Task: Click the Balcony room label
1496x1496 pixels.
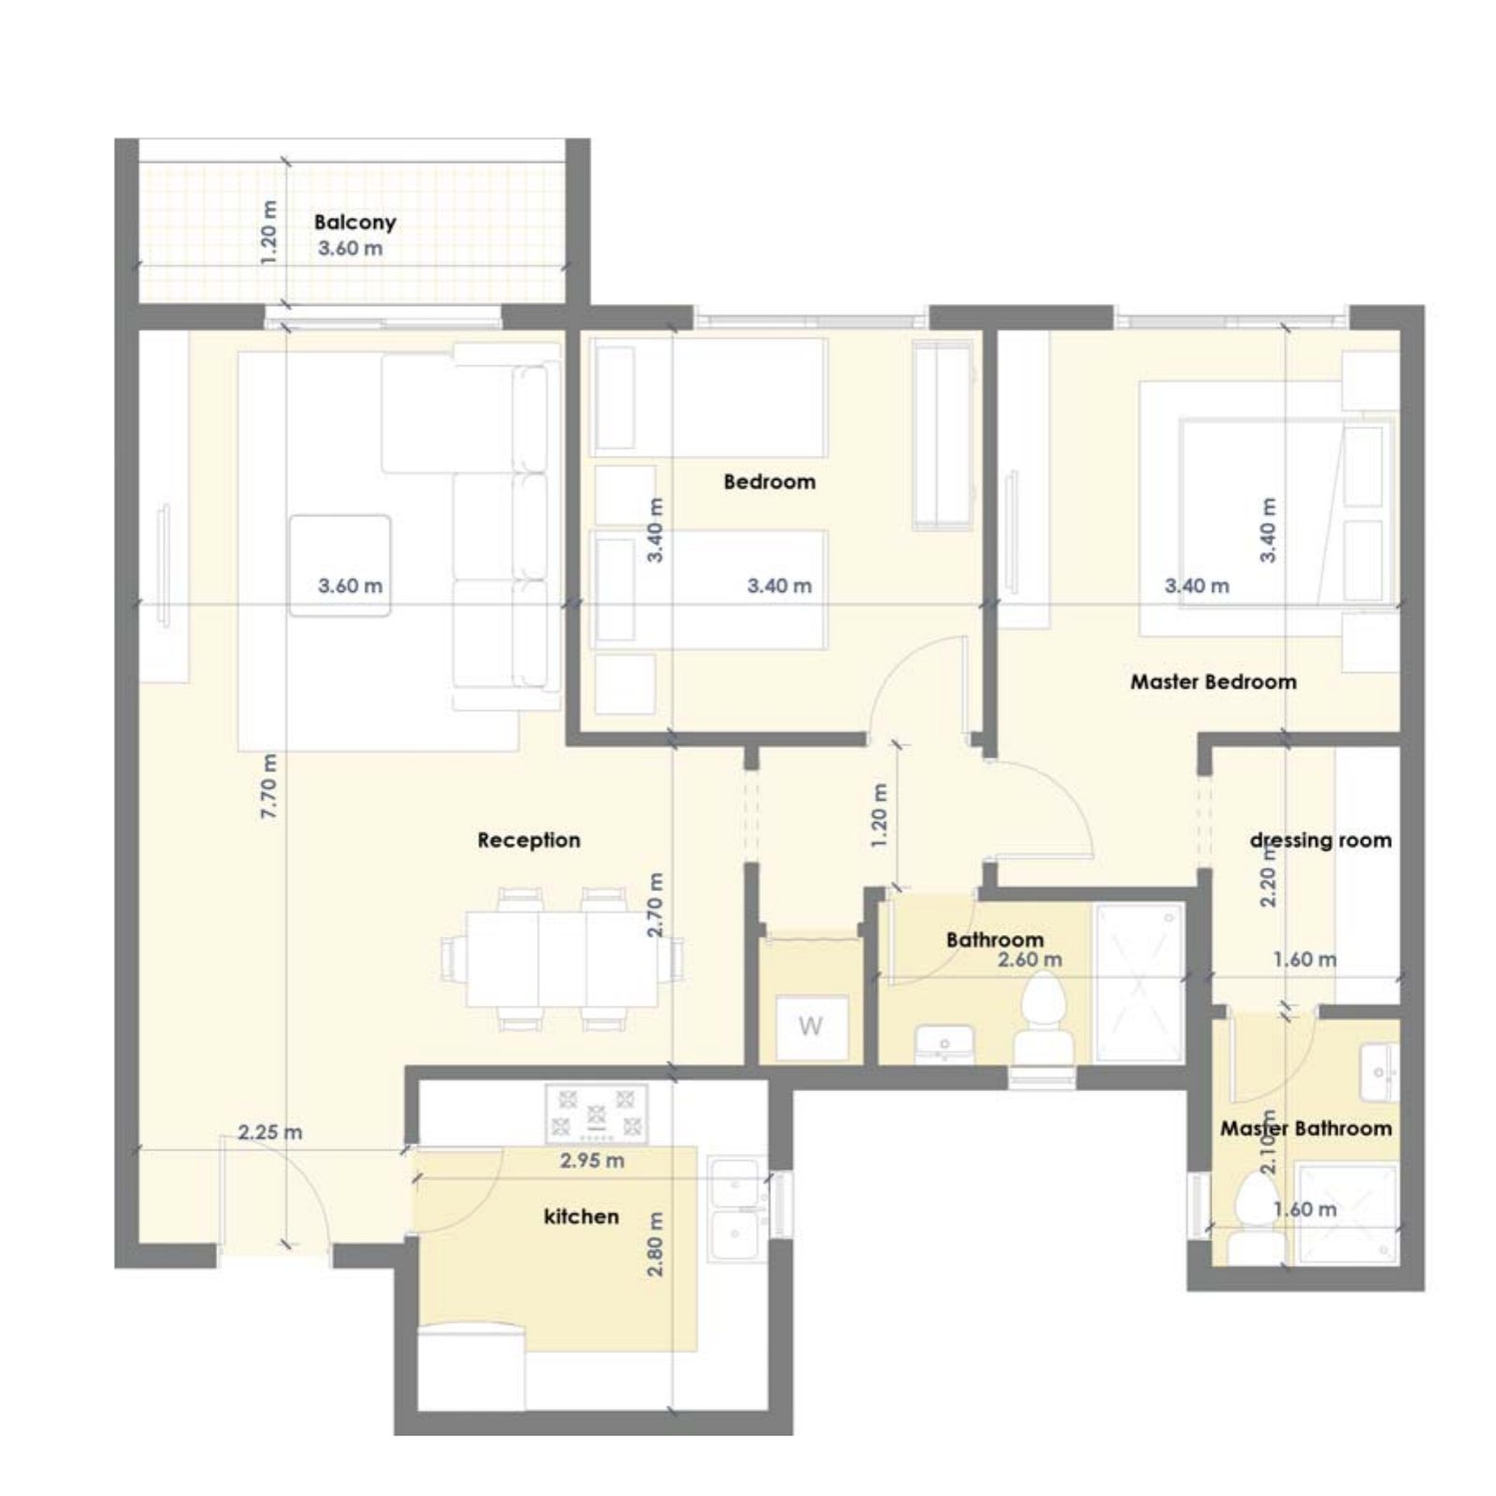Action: pyautogui.click(x=354, y=222)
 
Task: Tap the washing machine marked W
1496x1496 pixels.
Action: pyautogui.click(x=811, y=1027)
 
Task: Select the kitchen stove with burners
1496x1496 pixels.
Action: pyautogui.click(x=597, y=1113)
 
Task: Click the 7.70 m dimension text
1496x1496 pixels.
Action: pyautogui.click(x=268, y=786)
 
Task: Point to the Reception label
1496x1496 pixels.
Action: pyautogui.click(x=529, y=840)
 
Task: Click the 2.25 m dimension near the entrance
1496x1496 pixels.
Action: pyautogui.click(x=270, y=1132)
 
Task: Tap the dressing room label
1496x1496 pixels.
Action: pyautogui.click(x=1320, y=840)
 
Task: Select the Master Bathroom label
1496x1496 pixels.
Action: pyautogui.click(x=1306, y=1129)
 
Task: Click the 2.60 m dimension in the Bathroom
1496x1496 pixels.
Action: pyautogui.click(x=1029, y=959)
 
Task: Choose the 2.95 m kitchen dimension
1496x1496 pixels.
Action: pyautogui.click(x=592, y=1160)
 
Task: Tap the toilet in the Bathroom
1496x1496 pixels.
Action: pyautogui.click(x=1043, y=1019)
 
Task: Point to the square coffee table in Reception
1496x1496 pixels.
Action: pyautogui.click(x=339, y=565)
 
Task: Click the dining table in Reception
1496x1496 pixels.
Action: pyautogui.click(x=562, y=958)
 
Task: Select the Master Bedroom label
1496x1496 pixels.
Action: pyautogui.click(x=1214, y=682)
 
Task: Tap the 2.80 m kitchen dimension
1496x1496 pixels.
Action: pyautogui.click(x=655, y=1244)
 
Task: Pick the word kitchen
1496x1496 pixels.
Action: pyautogui.click(x=582, y=1216)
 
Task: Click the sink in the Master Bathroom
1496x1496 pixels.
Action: pyautogui.click(x=1380, y=1072)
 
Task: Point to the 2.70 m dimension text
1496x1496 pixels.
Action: pyautogui.click(x=655, y=904)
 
